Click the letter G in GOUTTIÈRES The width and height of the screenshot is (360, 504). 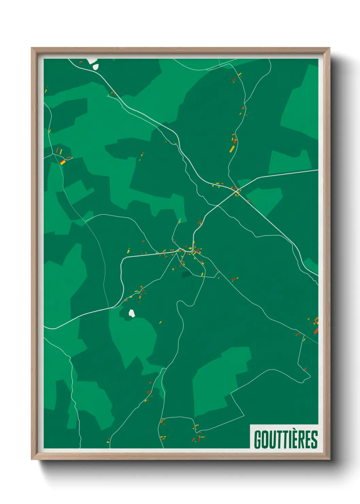click(x=258, y=440)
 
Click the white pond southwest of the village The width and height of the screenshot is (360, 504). click(x=131, y=313)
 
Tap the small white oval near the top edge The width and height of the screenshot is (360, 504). click(x=96, y=67)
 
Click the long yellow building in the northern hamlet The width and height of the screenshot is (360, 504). click(x=232, y=149)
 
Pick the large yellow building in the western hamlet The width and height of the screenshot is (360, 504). click(x=63, y=162)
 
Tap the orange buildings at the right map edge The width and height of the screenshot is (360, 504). click(x=316, y=325)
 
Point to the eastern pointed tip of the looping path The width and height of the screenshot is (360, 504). click(x=310, y=377)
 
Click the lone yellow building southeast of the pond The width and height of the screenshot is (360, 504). click(x=161, y=322)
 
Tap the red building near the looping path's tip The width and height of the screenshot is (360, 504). click(x=305, y=368)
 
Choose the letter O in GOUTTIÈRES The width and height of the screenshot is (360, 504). click(x=266, y=440)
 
